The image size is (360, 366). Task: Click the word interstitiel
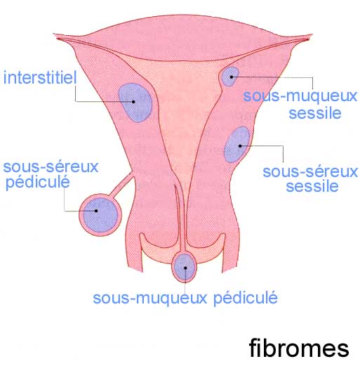pyautogui.click(x=40, y=77)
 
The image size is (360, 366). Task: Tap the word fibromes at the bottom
pyautogui.click(x=299, y=348)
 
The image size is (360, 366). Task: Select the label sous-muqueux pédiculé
pyautogui.click(x=185, y=298)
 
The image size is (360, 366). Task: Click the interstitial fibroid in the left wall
pyautogui.click(x=135, y=103)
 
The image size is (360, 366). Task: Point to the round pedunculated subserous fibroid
pyautogui.click(x=100, y=215)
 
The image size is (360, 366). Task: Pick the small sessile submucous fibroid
pyautogui.click(x=230, y=77)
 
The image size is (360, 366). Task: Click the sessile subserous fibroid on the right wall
pyautogui.click(x=237, y=145)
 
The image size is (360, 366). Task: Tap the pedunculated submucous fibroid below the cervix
pyautogui.click(x=185, y=267)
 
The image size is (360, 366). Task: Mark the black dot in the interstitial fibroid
pyautogui.click(x=133, y=102)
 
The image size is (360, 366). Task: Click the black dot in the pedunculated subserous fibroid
pyautogui.click(x=96, y=211)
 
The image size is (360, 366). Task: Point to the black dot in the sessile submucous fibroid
pyautogui.click(x=232, y=77)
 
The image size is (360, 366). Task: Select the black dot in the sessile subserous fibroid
pyautogui.click(x=240, y=146)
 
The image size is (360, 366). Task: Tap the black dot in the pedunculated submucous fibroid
pyautogui.click(x=185, y=268)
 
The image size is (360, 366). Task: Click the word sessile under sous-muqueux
pyautogui.click(x=315, y=113)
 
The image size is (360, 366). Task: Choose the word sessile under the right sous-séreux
pyautogui.click(x=312, y=186)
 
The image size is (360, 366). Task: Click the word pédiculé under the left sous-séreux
pyautogui.click(x=38, y=183)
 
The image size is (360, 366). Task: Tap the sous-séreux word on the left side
pyautogui.click(x=51, y=166)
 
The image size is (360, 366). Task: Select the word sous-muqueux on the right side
pyautogui.click(x=300, y=97)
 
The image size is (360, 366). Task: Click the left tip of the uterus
pyautogui.click(x=54, y=34)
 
